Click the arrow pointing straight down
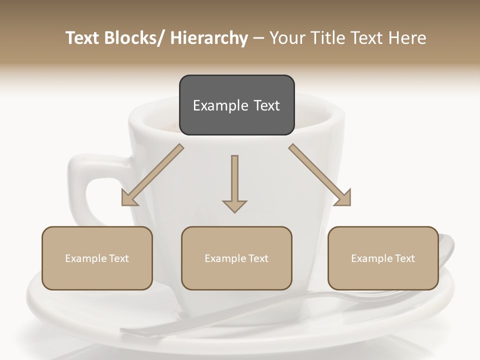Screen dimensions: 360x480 tap(234, 182)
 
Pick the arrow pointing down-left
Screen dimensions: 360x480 tap(152, 175)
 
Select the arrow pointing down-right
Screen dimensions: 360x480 tap(320, 175)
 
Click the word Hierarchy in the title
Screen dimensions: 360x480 tap(209, 38)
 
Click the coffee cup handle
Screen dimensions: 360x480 tap(80, 185)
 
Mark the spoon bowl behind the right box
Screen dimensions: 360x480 tap(446, 250)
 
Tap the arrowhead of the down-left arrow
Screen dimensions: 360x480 tap(129, 198)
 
